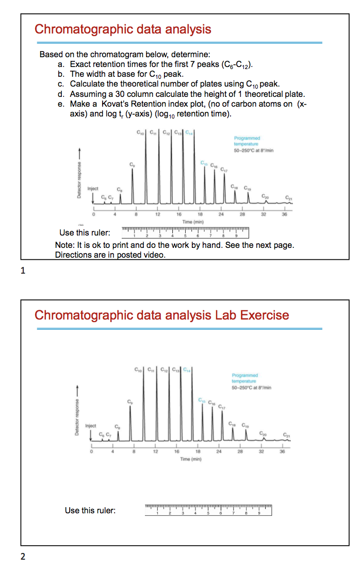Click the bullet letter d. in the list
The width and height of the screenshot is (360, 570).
click(61, 94)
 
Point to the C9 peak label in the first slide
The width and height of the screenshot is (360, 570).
click(133, 164)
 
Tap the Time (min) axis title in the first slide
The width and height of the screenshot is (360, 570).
click(187, 220)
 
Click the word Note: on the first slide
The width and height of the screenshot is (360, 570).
click(65, 245)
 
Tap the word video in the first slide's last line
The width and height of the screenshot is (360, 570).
click(152, 255)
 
